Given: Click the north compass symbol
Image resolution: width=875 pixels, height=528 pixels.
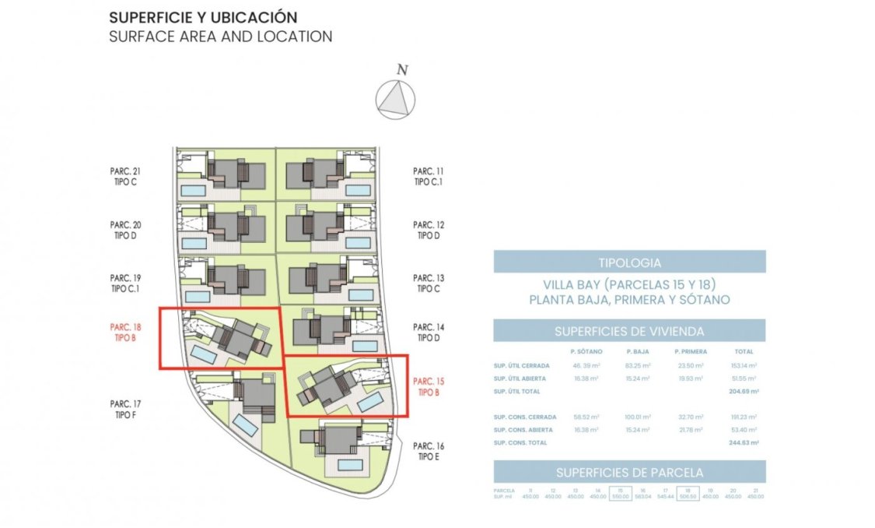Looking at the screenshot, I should [x=395, y=100].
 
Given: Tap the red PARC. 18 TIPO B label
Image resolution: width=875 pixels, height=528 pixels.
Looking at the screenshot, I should [x=125, y=333].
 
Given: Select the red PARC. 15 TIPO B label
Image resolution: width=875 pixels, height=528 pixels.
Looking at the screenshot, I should [x=429, y=387].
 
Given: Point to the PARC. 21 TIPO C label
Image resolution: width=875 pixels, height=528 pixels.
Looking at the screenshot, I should [x=125, y=177].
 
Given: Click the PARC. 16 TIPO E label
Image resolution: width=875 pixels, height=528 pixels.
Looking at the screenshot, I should [x=429, y=451].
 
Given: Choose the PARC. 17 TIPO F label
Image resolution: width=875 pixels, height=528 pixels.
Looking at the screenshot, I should [x=125, y=410].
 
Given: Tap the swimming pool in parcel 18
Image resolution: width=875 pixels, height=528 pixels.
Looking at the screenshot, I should [x=204, y=355].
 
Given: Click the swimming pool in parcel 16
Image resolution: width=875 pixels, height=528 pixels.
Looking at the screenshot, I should [x=351, y=464].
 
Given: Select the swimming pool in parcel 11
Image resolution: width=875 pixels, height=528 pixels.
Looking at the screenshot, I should [x=358, y=189].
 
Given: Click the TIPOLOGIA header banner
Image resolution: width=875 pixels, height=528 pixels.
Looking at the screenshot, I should [x=629, y=262].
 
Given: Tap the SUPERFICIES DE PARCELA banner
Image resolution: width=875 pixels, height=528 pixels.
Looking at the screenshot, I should [x=629, y=472].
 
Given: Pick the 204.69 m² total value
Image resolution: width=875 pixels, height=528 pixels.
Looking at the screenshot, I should [x=743, y=391].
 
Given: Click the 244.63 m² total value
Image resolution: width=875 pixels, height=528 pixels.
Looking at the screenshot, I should [x=743, y=442].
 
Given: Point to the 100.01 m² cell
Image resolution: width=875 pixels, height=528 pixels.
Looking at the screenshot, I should [x=637, y=417].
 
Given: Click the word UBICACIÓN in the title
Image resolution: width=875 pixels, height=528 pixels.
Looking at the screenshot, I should [x=252, y=17].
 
